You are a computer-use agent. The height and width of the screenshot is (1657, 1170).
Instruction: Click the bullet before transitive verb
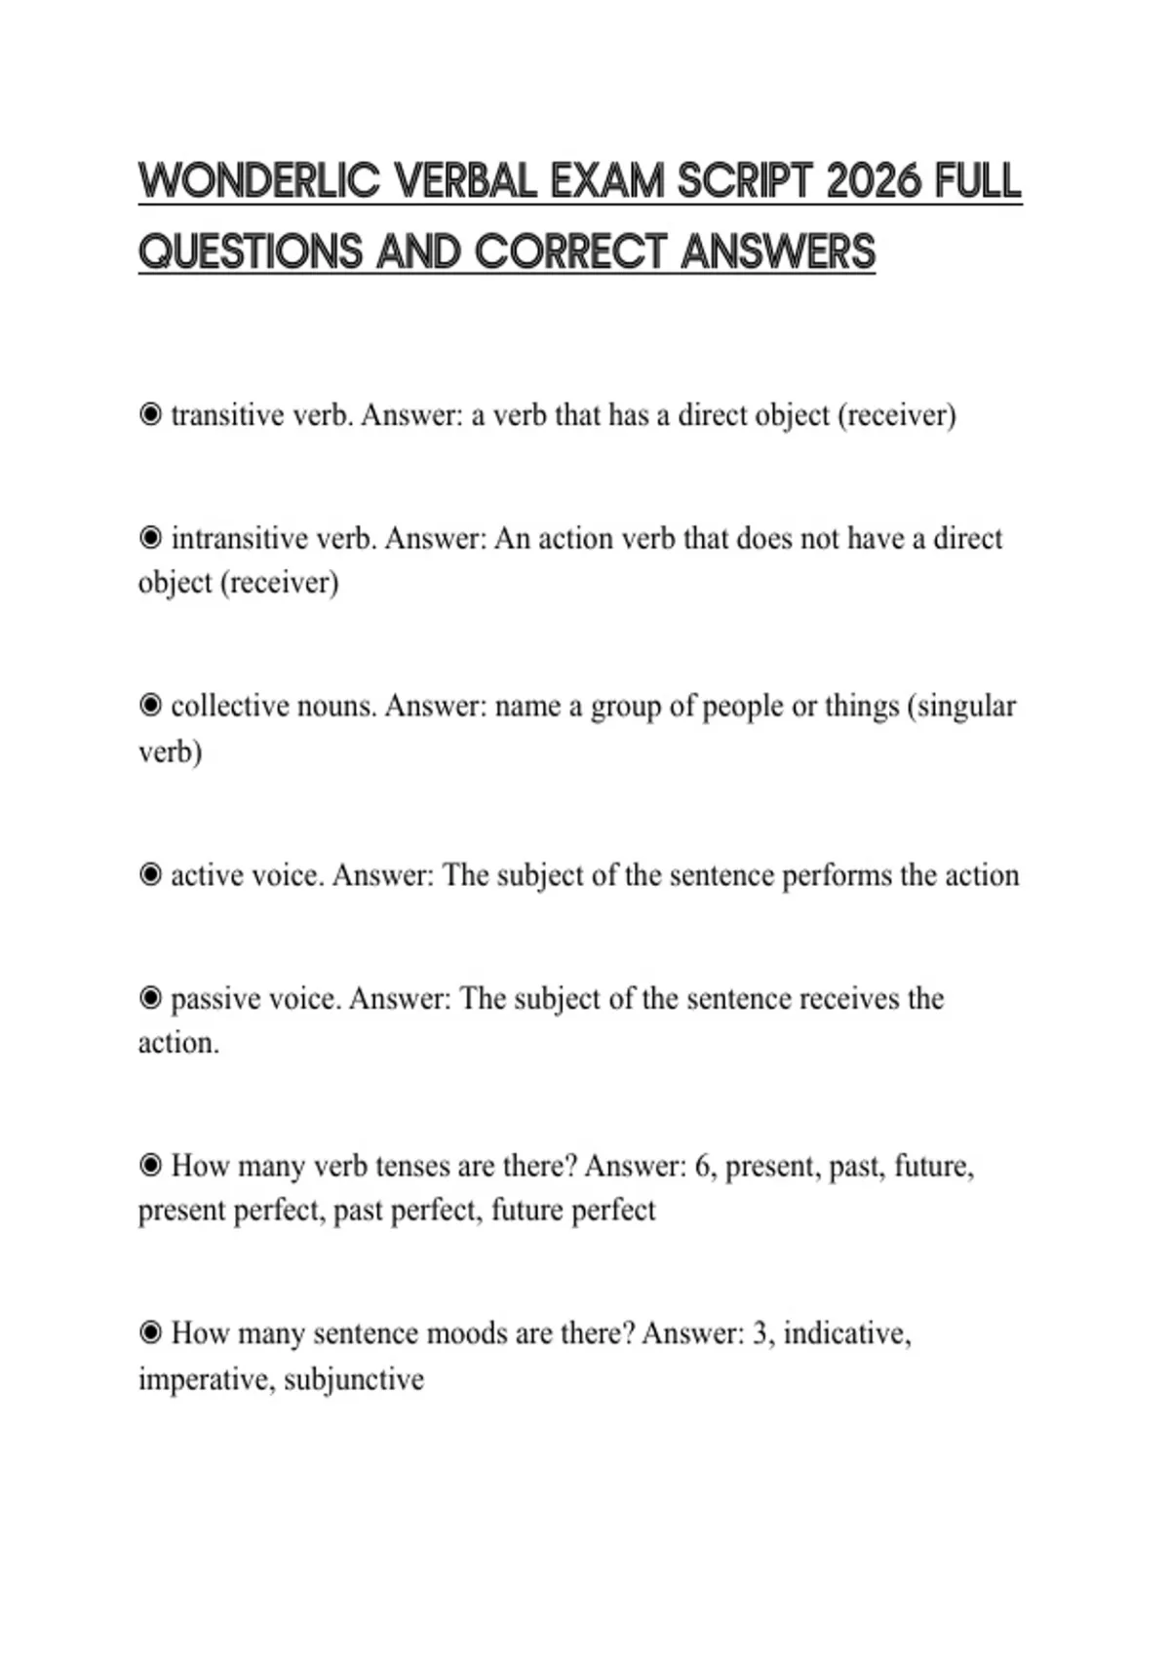(150, 415)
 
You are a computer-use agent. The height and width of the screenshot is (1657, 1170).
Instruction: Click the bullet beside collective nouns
(150, 705)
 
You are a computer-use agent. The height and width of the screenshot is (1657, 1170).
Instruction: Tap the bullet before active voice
(150, 874)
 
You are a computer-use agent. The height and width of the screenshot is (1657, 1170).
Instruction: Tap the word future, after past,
(933, 1166)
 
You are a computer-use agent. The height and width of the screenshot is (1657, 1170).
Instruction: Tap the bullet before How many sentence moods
(150, 1332)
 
